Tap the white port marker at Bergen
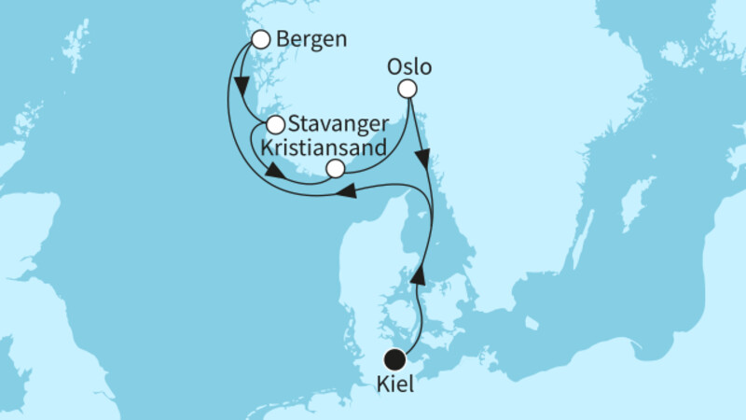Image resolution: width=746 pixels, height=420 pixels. click(261, 39)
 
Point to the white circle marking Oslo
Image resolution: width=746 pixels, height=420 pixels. click(407, 89)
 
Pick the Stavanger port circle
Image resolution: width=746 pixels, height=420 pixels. click(276, 124)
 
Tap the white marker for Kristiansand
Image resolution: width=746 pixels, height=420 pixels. click(336, 168)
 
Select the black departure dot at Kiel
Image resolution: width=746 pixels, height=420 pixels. click(395, 358)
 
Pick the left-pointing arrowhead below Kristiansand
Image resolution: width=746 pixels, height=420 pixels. click(346, 191)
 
